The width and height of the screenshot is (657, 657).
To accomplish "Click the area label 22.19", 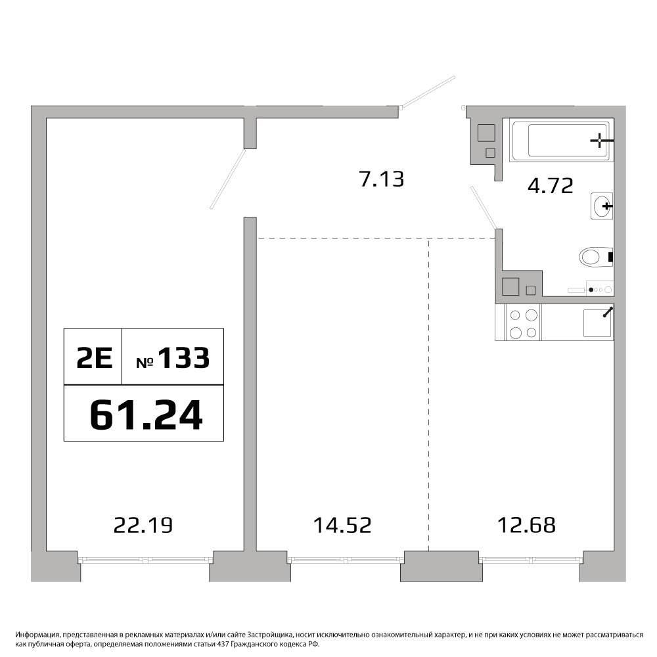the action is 143,525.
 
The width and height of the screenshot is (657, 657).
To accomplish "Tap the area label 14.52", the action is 342,525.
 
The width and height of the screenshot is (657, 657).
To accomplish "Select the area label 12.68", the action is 526,525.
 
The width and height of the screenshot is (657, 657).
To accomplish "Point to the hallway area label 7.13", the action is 382,179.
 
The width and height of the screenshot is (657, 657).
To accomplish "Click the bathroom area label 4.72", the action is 550,186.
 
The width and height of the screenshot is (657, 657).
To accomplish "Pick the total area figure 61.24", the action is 147,415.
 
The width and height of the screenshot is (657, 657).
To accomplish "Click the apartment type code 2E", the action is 94,358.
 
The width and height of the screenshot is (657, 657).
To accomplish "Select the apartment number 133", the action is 183,358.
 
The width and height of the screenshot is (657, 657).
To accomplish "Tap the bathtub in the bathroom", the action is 562,139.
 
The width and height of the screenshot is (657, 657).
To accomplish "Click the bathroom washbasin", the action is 602,206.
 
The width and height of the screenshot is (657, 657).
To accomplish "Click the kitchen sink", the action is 598,323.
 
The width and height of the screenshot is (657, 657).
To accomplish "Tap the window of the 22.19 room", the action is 145,559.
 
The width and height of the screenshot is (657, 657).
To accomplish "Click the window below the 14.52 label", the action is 346,559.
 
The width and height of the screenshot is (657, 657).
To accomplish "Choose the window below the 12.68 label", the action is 531,559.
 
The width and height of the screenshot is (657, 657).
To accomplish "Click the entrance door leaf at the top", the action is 427,91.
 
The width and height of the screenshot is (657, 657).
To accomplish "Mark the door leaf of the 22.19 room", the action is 227,179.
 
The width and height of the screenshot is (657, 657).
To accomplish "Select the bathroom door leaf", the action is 484,208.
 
